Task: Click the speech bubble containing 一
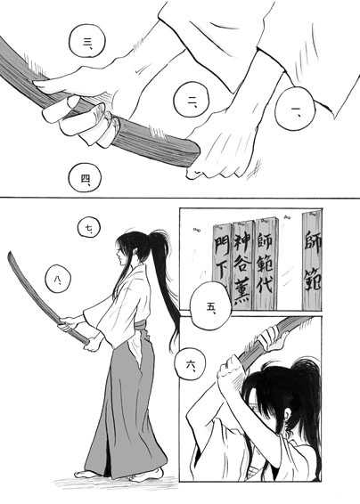click(294, 109)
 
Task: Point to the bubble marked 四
click(85, 178)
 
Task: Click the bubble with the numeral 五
click(210, 306)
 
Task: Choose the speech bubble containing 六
click(191, 365)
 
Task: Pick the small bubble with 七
click(89, 228)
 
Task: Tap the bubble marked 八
click(58, 279)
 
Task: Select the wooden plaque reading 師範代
click(266, 264)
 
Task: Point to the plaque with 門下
click(222, 257)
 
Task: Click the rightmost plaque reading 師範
click(312, 260)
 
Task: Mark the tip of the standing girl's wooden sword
click(10, 253)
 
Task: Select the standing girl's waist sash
click(141, 325)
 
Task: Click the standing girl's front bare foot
click(85, 474)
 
